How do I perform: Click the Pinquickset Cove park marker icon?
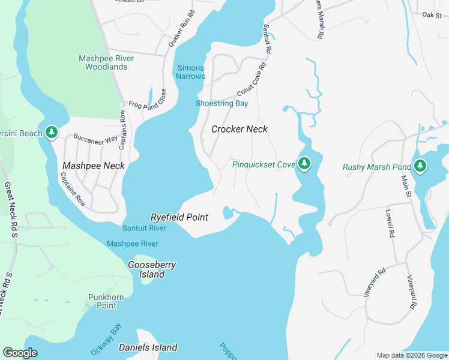pyautogui.click(x=304, y=163)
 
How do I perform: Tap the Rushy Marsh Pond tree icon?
pyautogui.click(x=420, y=166)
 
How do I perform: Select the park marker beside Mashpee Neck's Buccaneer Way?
pyautogui.click(x=52, y=132)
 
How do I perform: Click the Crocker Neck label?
pyautogui.click(x=239, y=129)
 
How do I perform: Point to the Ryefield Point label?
pyautogui.click(x=179, y=217)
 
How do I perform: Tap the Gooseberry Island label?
pyautogui.click(x=146, y=269)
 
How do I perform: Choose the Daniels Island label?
pyautogui.click(x=148, y=347)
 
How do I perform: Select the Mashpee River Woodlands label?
pyautogui.click(x=106, y=62)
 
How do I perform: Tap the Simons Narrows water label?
pyautogui.click(x=191, y=72)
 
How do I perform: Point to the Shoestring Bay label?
pyautogui.click(x=221, y=103)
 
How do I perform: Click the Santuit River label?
pyautogui.click(x=144, y=228)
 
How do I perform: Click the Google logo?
pyautogui.click(x=20, y=353)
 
